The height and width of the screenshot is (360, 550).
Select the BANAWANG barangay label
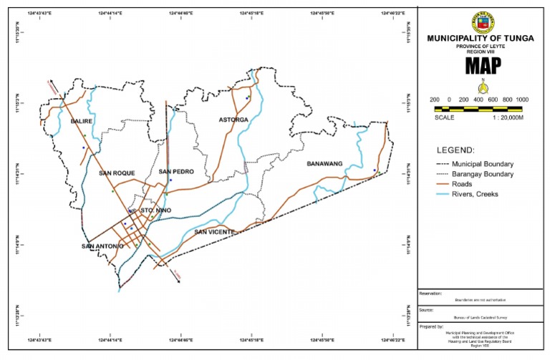(x=326, y=164)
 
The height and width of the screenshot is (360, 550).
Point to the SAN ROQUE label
(x=117, y=173)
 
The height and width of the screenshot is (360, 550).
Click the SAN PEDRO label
(x=176, y=172)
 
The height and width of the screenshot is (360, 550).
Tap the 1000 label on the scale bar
(x=522, y=99)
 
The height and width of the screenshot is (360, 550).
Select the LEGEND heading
(x=455, y=150)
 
